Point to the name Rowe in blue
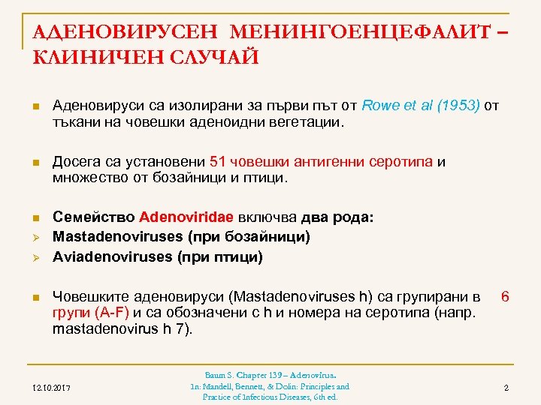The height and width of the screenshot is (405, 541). coord(380,105)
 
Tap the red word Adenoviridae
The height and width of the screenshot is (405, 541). coord(186,217)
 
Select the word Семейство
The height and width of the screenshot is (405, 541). coord(93,217)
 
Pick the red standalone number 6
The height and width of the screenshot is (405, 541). coord(506,297)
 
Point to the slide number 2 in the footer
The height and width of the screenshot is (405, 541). coord(506,388)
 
